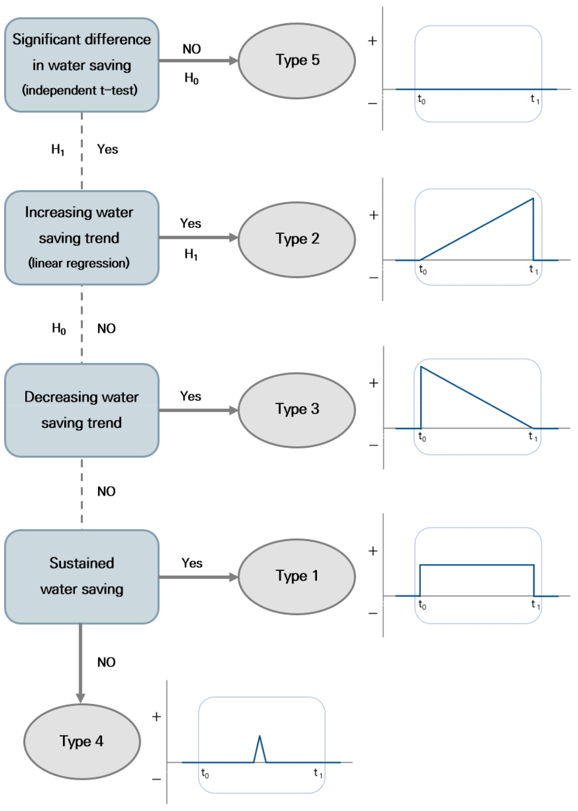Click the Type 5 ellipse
coord(297,61)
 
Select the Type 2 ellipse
coord(297,239)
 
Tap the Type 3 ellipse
coord(297,410)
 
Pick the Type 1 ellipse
coord(297,576)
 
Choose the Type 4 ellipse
coord(82,741)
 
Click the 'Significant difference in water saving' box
coord(82,65)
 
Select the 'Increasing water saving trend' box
coord(82,238)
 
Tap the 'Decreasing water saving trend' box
coord(82,410)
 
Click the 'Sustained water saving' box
coord(82,576)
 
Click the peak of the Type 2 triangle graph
coord(532,199)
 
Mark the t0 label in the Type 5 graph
coord(421,100)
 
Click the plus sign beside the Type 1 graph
coord(373,551)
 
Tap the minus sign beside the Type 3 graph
coord(373,446)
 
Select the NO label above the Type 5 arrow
coord(192,49)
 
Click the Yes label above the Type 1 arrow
coord(192,563)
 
